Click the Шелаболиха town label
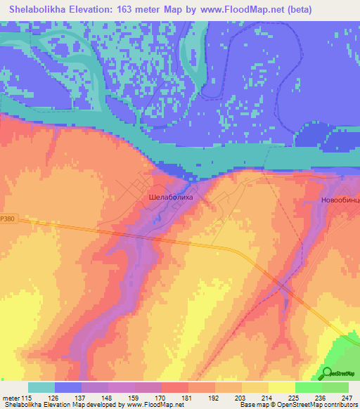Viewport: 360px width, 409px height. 171,199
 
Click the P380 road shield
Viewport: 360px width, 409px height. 7,219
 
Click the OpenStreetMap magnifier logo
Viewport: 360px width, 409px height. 327,374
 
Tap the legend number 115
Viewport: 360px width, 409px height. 28,397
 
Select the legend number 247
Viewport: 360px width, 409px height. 348,397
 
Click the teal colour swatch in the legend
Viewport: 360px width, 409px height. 41,387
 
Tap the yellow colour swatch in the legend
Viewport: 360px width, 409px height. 281,387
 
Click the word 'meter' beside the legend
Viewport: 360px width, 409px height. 11,397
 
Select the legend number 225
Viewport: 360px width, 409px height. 295,397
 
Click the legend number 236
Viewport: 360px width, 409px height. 321,397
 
